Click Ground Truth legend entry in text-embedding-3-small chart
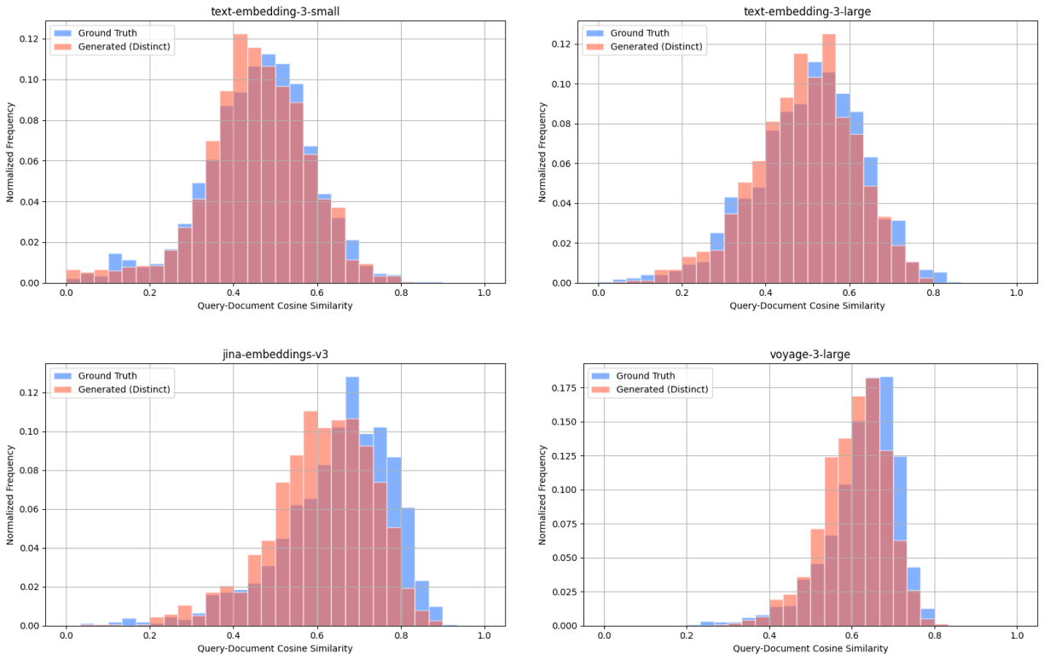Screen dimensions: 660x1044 pos(107,32)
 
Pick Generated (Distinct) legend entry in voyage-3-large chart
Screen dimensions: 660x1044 pos(663,390)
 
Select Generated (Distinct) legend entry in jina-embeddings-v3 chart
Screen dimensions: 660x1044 pos(125,390)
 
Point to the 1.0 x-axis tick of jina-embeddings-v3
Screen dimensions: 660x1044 pos(484,636)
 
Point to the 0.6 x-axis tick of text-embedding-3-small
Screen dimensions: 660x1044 pos(317,293)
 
